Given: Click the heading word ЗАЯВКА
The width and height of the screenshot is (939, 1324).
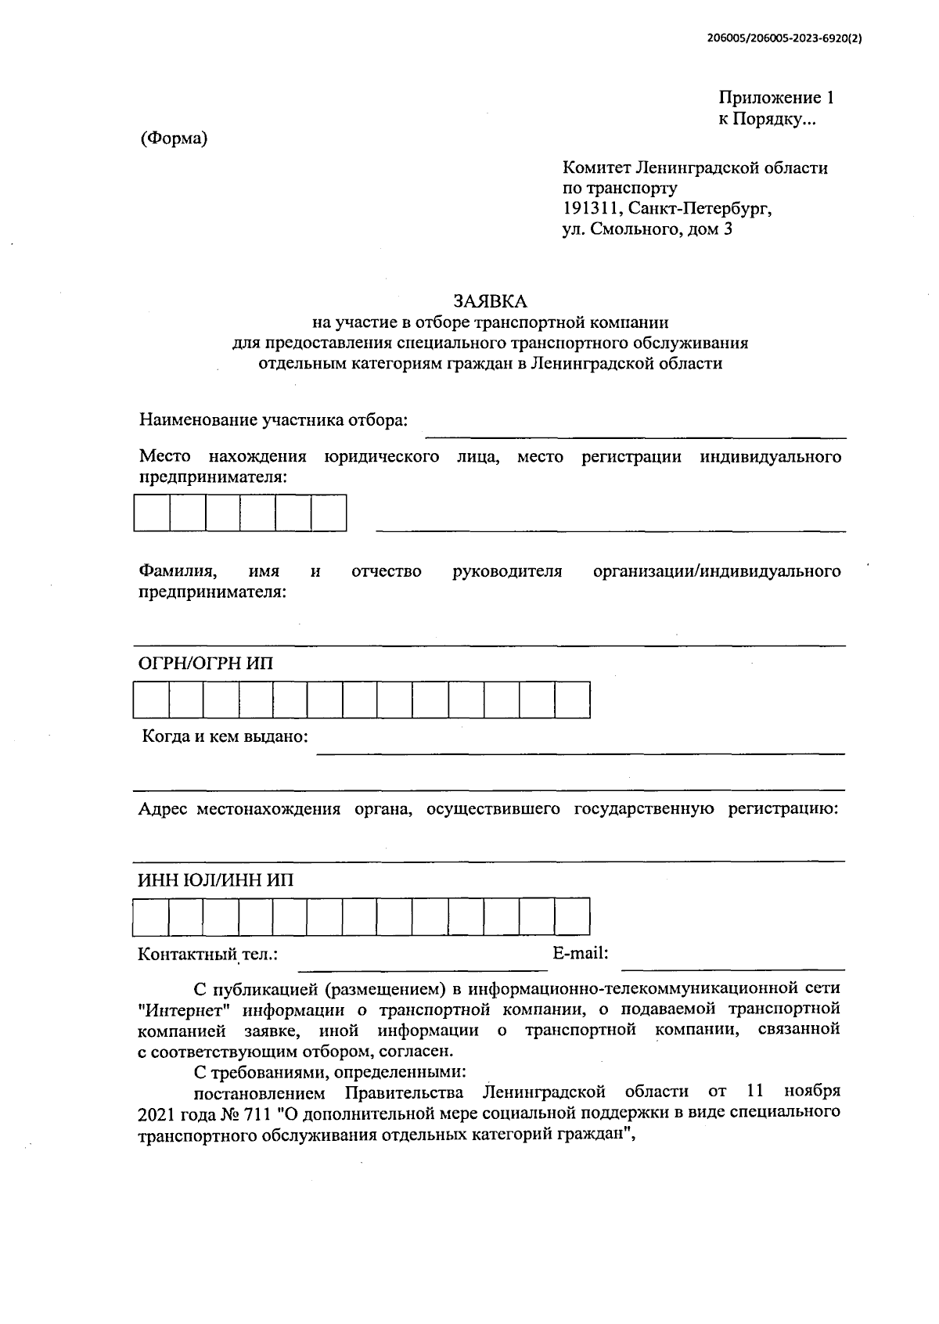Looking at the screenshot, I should click(x=490, y=300).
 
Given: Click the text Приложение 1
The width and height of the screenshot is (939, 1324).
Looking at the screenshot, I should click(x=775, y=98).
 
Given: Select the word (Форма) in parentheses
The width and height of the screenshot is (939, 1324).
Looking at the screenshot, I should click(x=174, y=139).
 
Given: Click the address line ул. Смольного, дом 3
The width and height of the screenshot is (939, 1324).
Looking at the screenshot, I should click(x=647, y=230).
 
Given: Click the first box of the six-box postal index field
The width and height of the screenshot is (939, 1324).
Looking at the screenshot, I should click(x=152, y=513).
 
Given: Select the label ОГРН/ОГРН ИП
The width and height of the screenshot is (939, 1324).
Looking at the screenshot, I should click(x=206, y=664).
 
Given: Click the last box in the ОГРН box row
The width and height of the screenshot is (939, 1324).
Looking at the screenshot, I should click(x=573, y=700).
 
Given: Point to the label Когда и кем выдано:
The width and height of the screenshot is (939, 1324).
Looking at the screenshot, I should click(x=225, y=736).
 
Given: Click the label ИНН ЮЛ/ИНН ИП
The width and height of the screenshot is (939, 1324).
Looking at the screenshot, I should click(x=216, y=880).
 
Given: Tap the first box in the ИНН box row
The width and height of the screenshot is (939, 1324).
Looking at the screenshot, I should click(x=150, y=917).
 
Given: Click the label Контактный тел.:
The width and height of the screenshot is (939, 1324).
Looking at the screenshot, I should click(x=207, y=955).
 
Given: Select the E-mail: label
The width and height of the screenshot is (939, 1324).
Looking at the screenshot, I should click(x=580, y=953).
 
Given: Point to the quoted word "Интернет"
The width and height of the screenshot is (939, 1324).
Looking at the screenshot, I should click(x=182, y=1008).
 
